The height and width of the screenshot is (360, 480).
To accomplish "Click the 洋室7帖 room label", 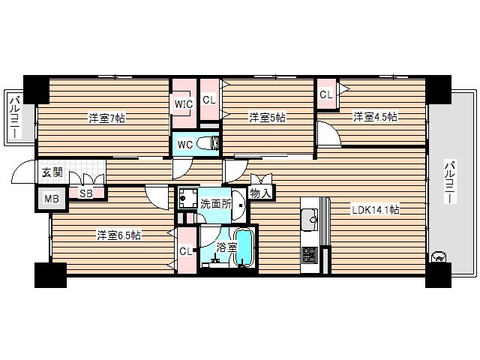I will [106, 118].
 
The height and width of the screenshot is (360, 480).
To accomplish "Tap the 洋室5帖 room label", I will [267, 118].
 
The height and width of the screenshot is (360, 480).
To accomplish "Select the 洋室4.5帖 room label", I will [375, 117].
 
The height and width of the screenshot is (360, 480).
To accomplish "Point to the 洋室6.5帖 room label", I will [118, 235].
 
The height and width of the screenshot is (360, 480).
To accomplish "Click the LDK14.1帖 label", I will [376, 210].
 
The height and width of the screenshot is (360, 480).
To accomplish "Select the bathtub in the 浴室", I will [244, 248].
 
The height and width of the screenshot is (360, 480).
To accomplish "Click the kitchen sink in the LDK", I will [310, 220].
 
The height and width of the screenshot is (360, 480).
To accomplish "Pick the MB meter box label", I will [50, 199].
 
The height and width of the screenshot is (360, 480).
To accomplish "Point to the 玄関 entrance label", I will [51, 172].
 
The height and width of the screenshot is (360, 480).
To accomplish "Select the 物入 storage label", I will [260, 193].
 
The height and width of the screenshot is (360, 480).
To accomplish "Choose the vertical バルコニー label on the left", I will [14, 117].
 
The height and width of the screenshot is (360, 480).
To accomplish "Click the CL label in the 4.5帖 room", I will [325, 94].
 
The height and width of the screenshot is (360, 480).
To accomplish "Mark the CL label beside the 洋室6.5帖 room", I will [185, 252].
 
